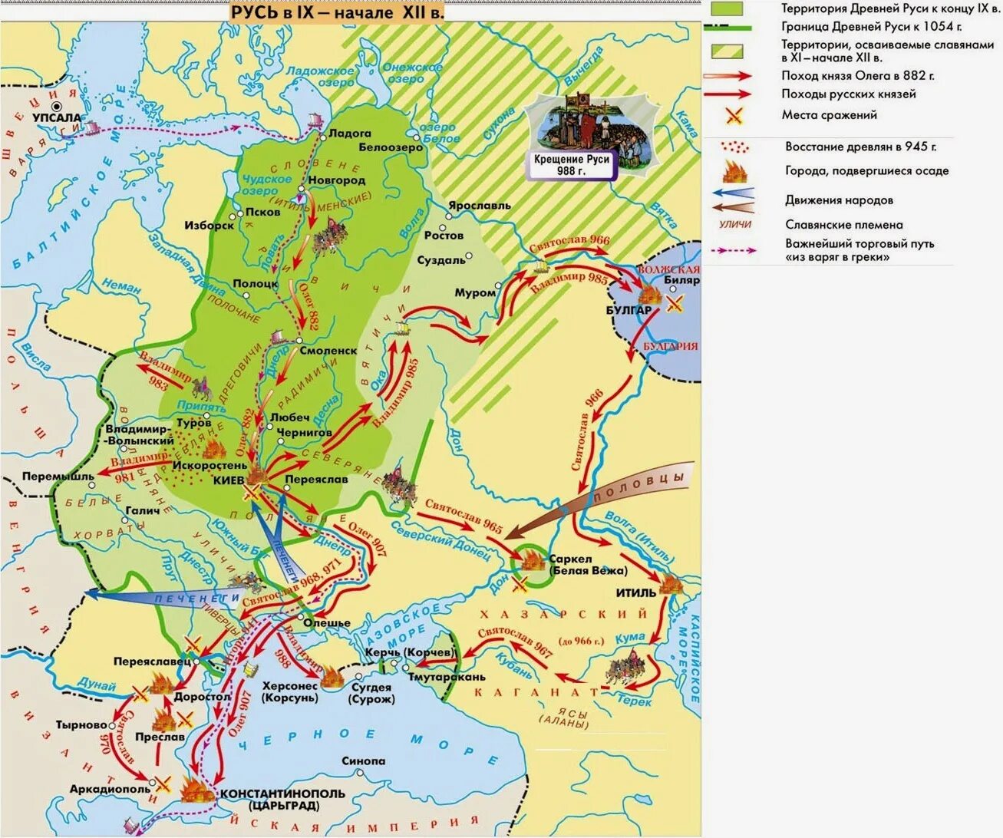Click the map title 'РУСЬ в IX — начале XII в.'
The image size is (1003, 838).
point(338,12)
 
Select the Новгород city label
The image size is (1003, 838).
point(336,180)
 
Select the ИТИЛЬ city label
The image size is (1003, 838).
point(636,592)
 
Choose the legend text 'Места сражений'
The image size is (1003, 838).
point(829,115)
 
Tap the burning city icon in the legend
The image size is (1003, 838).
point(734,170)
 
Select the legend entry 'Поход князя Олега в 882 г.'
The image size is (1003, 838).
point(857,75)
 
